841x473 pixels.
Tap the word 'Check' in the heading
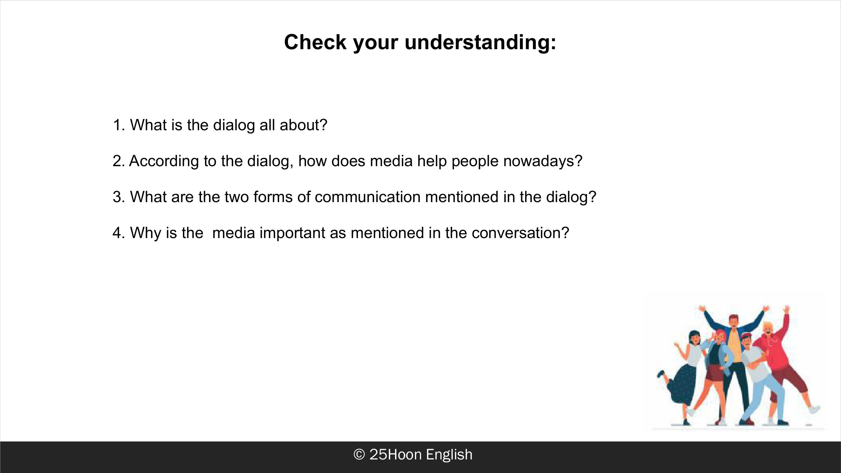coord(315,42)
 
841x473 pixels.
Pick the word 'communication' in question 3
coord(368,197)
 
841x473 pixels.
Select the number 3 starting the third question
coord(117,197)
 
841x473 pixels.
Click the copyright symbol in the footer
coord(359,454)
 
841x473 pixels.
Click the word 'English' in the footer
coord(449,455)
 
